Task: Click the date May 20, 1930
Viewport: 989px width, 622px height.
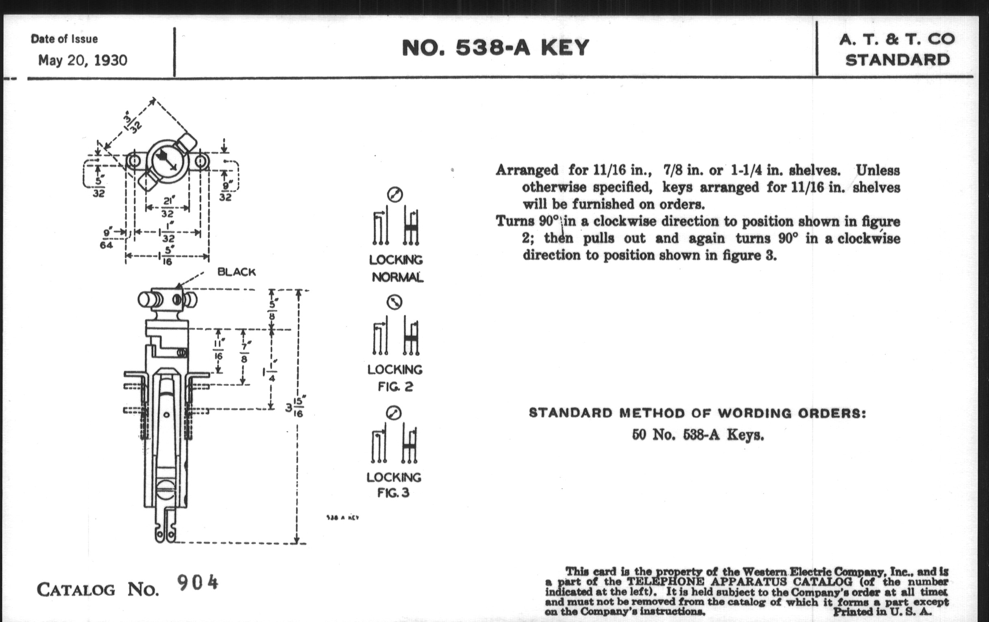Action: click(83, 60)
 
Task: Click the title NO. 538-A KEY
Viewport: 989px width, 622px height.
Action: click(495, 48)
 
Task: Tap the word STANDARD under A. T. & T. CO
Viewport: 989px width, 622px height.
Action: click(898, 60)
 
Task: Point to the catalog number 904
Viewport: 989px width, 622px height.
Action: click(198, 583)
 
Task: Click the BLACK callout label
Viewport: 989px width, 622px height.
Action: click(237, 272)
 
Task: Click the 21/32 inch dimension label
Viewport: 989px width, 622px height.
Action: click(167, 207)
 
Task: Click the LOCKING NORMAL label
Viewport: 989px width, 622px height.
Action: click(396, 268)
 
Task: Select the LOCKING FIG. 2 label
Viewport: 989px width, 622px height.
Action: click(395, 378)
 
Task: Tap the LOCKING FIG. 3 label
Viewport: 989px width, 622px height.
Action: click(394, 485)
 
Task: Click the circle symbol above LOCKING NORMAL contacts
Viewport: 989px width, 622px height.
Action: click(395, 195)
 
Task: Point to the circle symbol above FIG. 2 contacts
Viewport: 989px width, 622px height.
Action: click(394, 302)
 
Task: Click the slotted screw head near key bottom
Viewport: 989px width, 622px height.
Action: click(166, 490)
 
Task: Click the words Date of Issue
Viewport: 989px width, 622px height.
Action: click(64, 39)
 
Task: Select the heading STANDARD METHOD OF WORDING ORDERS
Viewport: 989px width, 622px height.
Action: click(697, 413)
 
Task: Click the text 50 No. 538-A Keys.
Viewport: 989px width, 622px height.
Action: click(698, 434)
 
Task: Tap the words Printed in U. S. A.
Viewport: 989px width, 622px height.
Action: click(882, 611)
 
